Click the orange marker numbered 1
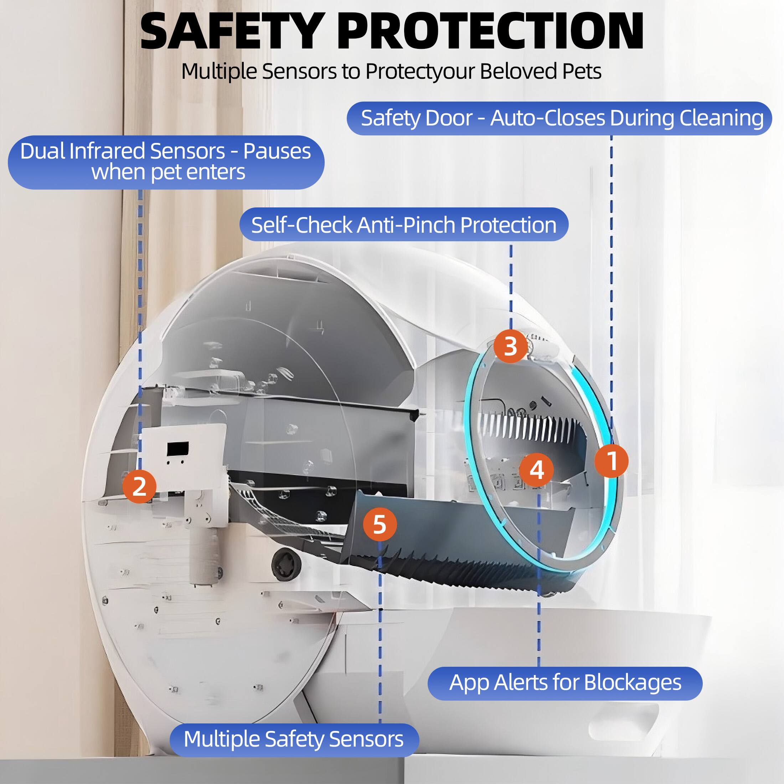pyautogui.click(x=612, y=461)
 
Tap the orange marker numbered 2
pyautogui.click(x=139, y=486)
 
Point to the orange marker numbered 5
pyautogui.click(x=380, y=524)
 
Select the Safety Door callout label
pyautogui.click(x=559, y=118)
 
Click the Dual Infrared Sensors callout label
pyautogui.click(x=166, y=161)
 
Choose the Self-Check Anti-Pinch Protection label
pyautogui.click(x=404, y=225)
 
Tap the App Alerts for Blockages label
pyautogui.click(x=565, y=682)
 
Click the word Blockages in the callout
pyautogui.click(x=632, y=682)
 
